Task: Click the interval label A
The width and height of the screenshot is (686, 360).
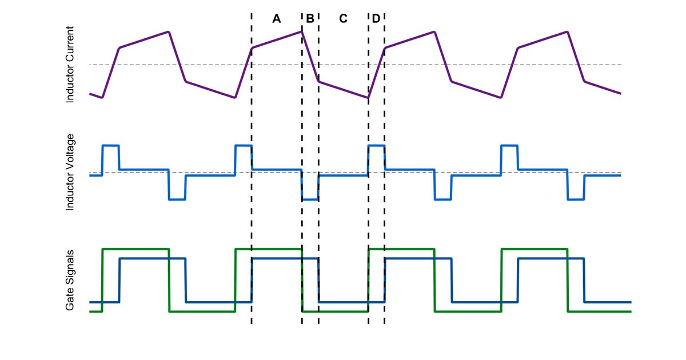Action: pos(277,19)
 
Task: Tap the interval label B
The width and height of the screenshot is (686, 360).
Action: pos(310,19)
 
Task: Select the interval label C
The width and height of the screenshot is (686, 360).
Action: pos(343,19)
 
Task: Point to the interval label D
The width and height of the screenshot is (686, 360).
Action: pos(376,19)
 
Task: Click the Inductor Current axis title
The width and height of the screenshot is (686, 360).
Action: pos(70,65)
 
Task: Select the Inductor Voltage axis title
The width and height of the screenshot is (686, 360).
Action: pos(70,173)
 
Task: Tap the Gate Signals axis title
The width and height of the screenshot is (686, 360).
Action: pos(70,280)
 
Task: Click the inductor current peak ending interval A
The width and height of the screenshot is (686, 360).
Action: pos(301,31)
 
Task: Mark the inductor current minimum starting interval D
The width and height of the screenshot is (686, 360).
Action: pos(368,98)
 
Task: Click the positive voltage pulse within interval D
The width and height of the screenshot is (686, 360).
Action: pos(376,146)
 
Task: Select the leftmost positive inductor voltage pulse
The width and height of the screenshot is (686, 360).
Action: pos(110,146)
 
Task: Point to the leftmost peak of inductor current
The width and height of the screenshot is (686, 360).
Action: pos(169,31)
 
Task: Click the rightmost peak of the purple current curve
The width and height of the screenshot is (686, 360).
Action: pos(568,31)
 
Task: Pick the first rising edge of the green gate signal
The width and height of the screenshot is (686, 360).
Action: pos(102,280)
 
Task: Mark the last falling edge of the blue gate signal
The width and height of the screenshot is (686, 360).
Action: pos(584,280)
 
